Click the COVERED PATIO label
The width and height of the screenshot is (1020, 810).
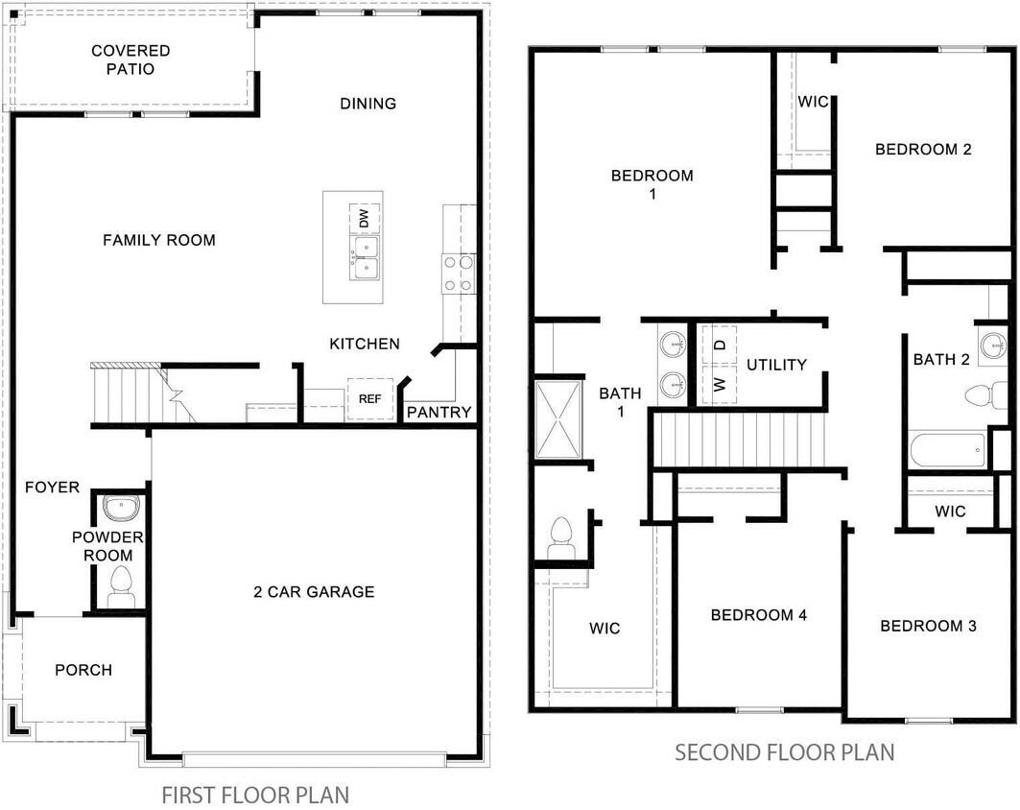[x=130, y=60]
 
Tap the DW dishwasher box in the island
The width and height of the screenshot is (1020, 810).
[x=364, y=220]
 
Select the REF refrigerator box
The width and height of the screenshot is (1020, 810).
[x=370, y=398]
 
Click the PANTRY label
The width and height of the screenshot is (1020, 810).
[x=439, y=413]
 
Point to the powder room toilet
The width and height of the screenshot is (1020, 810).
[x=121, y=585]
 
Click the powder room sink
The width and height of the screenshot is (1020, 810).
[x=121, y=508]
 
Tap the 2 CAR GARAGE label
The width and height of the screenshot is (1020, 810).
[x=314, y=592]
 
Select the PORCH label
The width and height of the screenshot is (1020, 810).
[x=83, y=670]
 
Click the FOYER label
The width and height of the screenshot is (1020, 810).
[x=52, y=488]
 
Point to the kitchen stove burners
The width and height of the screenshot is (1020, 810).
[x=457, y=273]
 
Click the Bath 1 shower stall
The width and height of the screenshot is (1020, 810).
[x=557, y=419]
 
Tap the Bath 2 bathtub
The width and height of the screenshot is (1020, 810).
[x=948, y=449]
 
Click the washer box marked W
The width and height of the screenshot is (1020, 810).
[x=719, y=384]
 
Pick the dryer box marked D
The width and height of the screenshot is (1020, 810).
[x=719, y=342]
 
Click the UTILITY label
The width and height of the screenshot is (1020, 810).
[x=777, y=365]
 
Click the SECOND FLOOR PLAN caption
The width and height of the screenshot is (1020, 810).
[x=784, y=751]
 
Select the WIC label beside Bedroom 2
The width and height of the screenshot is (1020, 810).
[x=813, y=102]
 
